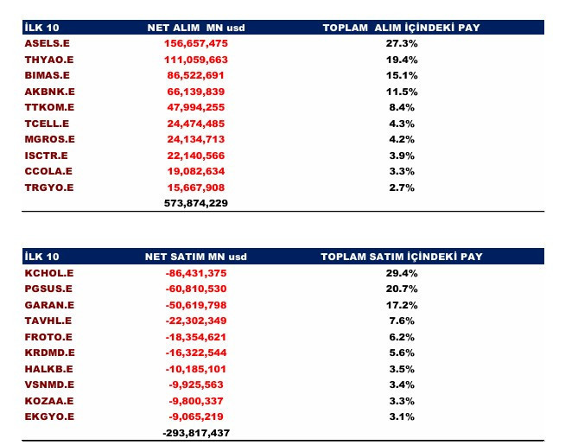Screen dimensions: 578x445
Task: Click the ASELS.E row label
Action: tap(48, 43)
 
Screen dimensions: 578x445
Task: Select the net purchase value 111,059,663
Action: tap(196, 60)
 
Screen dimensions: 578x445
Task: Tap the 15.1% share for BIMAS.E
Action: tap(402, 75)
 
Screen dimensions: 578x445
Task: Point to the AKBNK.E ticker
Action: tap(50, 92)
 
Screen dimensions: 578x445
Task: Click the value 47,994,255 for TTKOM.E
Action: tap(196, 107)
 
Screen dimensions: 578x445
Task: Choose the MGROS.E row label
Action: tap(50, 139)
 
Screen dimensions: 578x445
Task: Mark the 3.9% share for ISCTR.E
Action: tap(402, 156)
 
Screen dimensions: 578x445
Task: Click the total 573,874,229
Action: tap(196, 203)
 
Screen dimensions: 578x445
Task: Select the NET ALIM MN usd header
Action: tap(196, 28)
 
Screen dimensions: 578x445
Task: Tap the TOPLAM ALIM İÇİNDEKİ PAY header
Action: tap(402, 28)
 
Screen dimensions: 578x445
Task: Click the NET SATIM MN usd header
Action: tap(196, 257)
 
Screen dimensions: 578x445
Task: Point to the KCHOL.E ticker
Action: tap(49, 273)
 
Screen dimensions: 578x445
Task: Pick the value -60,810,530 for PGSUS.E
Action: tap(196, 289)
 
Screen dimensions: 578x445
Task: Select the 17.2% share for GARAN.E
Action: tap(402, 305)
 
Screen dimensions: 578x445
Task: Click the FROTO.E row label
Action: tap(48, 337)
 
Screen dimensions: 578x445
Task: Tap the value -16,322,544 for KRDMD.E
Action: tap(196, 353)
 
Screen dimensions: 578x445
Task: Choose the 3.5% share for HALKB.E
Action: tap(402, 369)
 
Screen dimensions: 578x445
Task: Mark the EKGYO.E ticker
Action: tap(49, 416)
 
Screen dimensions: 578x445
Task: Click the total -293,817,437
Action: tap(196, 433)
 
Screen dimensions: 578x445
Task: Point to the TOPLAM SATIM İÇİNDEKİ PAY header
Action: tap(402, 257)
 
